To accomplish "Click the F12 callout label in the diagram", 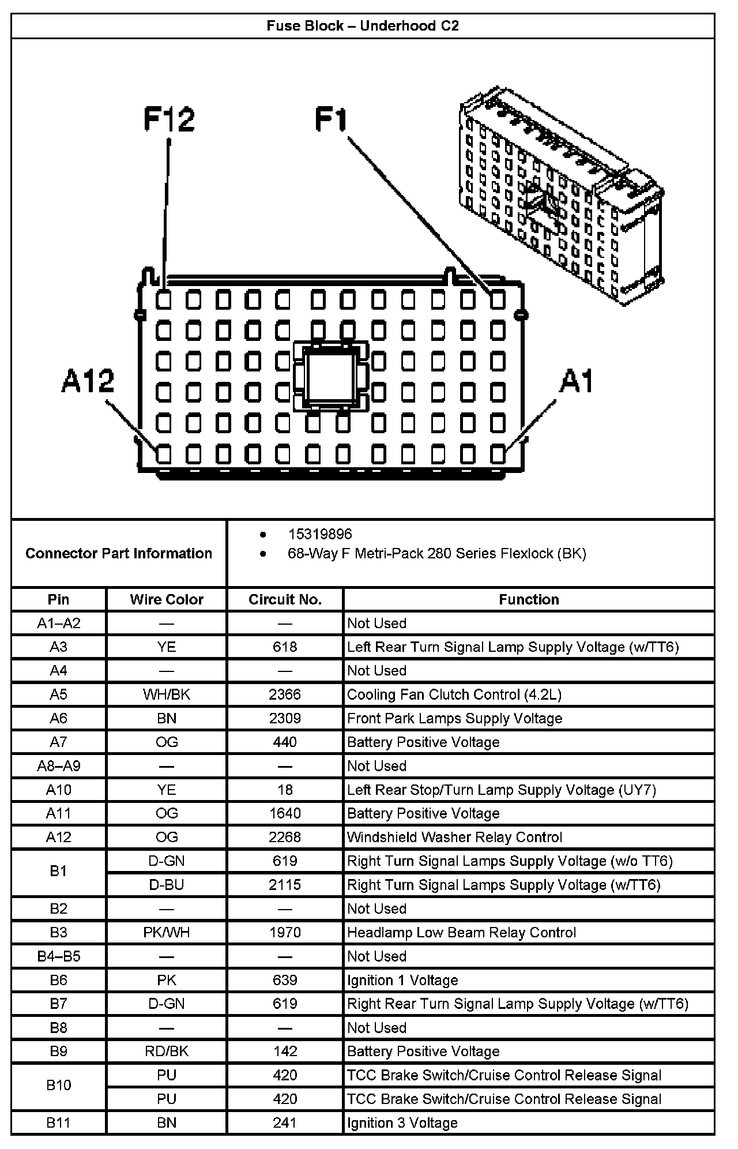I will pyautogui.click(x=169, y=119).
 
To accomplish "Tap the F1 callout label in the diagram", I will pyautogui.click(x=331, y=119).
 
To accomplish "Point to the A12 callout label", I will pyautogui.click(x=88, y=381).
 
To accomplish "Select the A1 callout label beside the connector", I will pyautogui.click(x=576, y=381).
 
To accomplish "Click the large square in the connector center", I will pyautogui.click(x=330, y=376).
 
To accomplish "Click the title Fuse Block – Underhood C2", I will pyautogui.click(x=363, y=26).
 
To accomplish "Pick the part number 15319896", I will pyautogui.click(x=320, y=535).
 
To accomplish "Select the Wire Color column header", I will pyautogui.click(x=167, y=599).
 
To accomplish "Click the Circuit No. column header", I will pyautogui.click(x=285, y=599).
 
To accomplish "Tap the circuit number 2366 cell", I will pyautogui.click(x=285, y=694).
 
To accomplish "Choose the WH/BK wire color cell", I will pyautogui.click(x=167, y=694).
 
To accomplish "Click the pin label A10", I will pyautogui.click(x=58, y=790).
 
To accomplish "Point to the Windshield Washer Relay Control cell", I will pyautogui.click(x=454, y=837).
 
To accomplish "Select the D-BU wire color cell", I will pyautogui.click(x=167, y=885).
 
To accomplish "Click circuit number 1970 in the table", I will pyautogui.click(x=285, y=933).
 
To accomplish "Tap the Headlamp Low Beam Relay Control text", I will pyautogui.click(x=461, y=933).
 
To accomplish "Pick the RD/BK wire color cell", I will pyautogui.click(x=167, y=1052).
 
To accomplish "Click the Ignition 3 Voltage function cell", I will pyautogui.click(x=402, y=1123).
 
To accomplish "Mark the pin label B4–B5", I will pyautogui.click(x=58, y=956).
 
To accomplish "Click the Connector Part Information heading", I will pyautogui.click(x=119, y=554).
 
